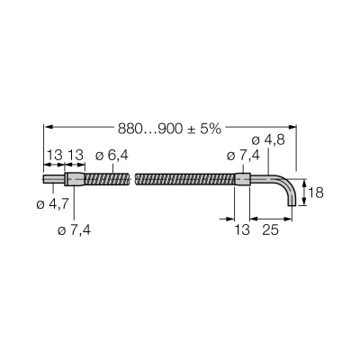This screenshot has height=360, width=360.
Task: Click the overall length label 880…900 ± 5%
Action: click(169, 129)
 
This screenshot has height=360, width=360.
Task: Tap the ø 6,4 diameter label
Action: click(112, 156)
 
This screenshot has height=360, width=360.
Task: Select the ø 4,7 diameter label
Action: click(53, 204)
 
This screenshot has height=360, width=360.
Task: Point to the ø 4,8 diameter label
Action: click(268, 140)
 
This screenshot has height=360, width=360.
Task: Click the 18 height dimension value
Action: click(316, 193)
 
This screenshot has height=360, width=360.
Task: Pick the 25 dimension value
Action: click(271, 230)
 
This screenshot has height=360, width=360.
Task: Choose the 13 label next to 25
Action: click(242, 230)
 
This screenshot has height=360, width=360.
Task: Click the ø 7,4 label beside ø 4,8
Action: click(243, 156)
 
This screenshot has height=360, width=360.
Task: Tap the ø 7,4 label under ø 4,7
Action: click(74, 230)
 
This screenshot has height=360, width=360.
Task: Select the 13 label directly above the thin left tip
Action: click(54, 156)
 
